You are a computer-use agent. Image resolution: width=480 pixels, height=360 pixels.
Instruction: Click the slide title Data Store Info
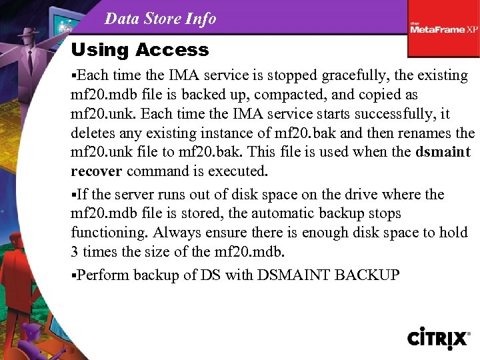coord(160,19)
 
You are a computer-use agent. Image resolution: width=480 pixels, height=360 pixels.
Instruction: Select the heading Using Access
coord(139,50)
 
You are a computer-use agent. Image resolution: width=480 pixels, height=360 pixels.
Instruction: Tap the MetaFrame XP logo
coord(444,29)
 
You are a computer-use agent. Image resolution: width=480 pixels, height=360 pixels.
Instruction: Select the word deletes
coord(93,133)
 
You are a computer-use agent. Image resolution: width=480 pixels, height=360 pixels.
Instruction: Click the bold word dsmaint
coord(443,152)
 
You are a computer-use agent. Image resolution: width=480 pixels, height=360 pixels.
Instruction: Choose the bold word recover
coord(96,171)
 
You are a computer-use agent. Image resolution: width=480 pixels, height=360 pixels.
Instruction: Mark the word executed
coord(237,171)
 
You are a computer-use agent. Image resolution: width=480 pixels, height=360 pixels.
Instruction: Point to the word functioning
coord(110,233)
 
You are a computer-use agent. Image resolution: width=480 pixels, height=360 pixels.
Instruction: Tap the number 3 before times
coord(75,252)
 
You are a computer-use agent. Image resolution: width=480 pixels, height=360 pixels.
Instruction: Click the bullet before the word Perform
coord(73,275)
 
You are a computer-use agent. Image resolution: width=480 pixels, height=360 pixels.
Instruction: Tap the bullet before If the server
coord(73,195)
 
